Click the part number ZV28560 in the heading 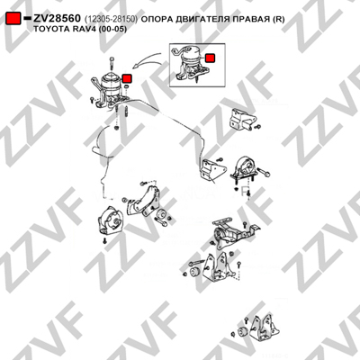[57, 19]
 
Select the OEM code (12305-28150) [111, 19]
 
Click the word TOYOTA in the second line [49, 29]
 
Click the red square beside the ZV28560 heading [13, 19]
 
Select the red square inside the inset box [210, 58]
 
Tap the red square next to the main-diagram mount [127, 78]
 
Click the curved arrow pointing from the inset [147, 59]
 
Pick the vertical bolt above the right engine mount [112, 64]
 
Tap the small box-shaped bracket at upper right [242, 119]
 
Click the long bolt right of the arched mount [264, 172]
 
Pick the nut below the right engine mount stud [116, 129]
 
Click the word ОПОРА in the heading [157, 19]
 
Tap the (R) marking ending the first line [278, 19]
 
